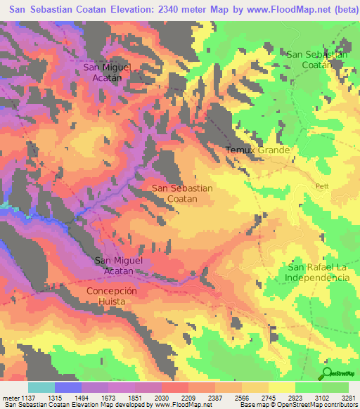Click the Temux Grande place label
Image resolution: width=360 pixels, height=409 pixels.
[x=257, y=150]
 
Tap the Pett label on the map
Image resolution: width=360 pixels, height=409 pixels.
[x=323, y=186]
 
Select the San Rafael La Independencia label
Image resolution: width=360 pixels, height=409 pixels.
[x=317, y=273]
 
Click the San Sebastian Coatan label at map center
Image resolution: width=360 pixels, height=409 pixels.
[x=182, y=193]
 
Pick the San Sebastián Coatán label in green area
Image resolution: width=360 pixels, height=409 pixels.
[x=317, y=59]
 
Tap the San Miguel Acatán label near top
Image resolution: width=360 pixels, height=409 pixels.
[x=108, y=72]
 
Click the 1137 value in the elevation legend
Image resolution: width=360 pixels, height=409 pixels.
[x=29, y=398]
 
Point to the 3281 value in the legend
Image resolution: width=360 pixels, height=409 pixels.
[x=348, y=398]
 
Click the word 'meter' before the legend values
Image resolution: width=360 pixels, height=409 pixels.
[x=11, y=398]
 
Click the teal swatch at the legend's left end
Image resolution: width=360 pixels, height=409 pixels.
[x=41, y=387]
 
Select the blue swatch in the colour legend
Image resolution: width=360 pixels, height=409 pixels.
[x=68, y=387]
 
